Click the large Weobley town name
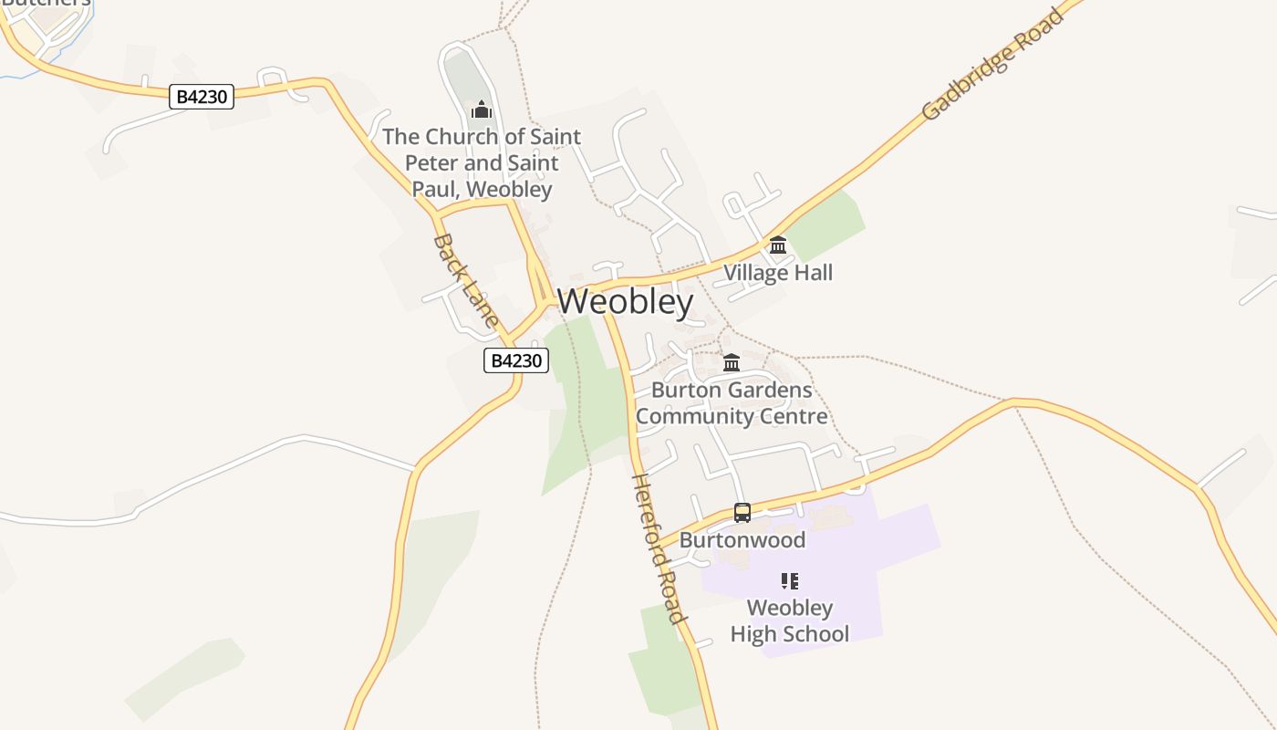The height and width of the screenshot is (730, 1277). pos(625,301)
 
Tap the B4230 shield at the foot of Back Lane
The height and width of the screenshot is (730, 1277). pos(516,360)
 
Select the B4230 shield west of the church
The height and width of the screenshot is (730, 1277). pos(202,96)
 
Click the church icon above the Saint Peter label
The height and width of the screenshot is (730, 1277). pos(481,110)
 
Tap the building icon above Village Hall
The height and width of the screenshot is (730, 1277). pos(778,245)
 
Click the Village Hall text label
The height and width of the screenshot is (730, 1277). pos(778,272)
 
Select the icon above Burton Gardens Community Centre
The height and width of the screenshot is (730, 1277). pos(732,363)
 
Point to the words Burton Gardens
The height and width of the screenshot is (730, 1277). pos(732,391)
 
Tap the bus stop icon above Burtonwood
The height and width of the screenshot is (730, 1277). pos(742,513)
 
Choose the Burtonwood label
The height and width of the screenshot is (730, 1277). pos(742,539)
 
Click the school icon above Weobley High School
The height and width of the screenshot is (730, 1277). pos(790,581)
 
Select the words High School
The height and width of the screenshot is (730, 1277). pos(790,633)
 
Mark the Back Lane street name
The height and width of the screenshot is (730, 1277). pos(465,279)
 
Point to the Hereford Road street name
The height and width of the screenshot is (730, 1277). pos(658,548)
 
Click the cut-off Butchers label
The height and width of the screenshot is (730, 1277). pos(46,3)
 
